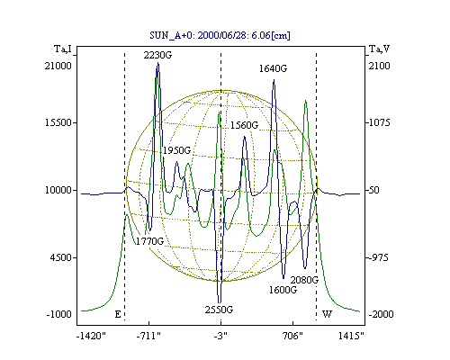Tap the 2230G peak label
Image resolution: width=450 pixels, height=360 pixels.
[157, 55]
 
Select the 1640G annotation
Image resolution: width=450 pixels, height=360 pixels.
[273, 68]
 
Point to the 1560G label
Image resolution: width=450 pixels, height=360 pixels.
[244, 125]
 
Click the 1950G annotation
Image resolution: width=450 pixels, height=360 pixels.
[176, 150]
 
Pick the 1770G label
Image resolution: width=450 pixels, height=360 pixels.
[149, 241]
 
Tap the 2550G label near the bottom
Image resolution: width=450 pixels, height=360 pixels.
[219, 310]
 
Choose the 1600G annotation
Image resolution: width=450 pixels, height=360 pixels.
[283, 290]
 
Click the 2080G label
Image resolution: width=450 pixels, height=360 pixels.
[304, 280]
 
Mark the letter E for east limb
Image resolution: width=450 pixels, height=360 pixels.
[118, 314]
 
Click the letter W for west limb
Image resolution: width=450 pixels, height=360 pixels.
[327, 314]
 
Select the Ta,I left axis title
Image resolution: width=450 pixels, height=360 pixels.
[63, 49]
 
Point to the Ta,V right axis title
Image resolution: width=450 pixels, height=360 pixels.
[379, 49]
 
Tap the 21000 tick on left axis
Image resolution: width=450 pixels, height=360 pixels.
[58, 66]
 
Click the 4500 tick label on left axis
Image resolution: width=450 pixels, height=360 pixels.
[61, 257]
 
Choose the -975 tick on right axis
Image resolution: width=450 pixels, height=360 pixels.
[379, 257]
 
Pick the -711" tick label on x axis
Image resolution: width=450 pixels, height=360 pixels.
[148, 336]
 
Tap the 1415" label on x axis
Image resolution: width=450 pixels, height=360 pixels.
[351, 336]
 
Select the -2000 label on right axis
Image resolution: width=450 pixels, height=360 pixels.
[381, 314]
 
